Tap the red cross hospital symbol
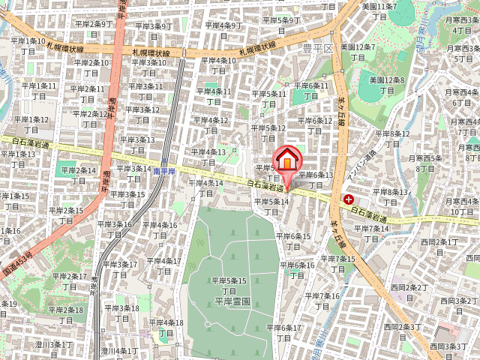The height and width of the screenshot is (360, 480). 349,199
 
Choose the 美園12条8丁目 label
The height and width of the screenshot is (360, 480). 387,84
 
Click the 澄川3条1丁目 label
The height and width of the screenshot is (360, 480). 55,349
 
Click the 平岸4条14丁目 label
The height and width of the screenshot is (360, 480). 205,188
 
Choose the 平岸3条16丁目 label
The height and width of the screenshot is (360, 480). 114,229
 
